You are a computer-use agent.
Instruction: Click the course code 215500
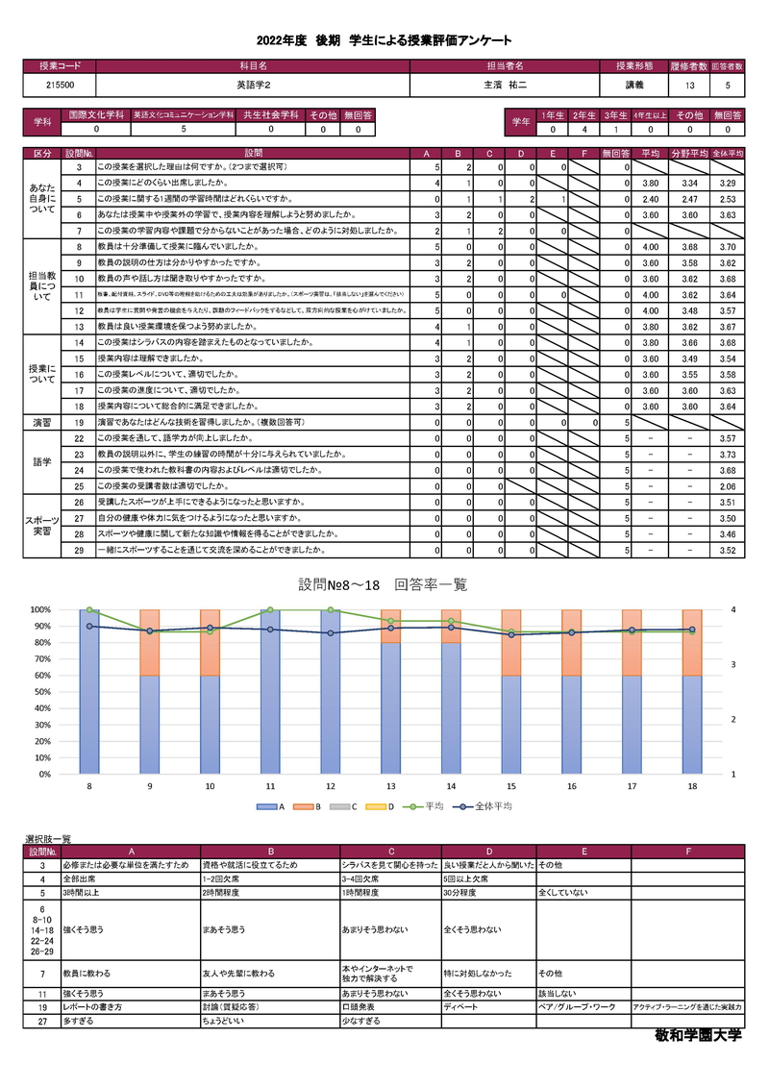coord(60,86)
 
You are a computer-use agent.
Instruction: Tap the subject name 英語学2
coord(253,86)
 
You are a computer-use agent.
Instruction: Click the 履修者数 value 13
coord(689,86)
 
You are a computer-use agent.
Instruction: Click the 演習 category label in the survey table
coord(43,422)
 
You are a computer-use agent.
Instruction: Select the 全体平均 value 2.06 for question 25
coord(728,487)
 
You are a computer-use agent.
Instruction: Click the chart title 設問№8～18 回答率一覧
coord(384,584)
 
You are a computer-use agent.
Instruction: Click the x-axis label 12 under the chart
coord(331,786)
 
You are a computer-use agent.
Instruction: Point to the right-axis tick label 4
coord(732,609)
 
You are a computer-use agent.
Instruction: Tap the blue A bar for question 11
coord(270,692)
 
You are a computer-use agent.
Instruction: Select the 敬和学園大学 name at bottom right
coord(698,1037)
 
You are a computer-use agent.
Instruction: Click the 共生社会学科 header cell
coord(270,114)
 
